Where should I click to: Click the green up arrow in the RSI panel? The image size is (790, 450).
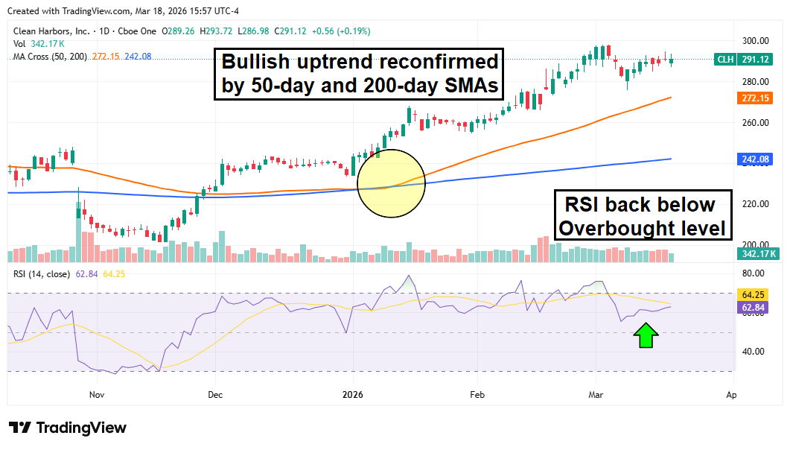(646, 336)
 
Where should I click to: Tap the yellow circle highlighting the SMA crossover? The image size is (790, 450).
(391, 183)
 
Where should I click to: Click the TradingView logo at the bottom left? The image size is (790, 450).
(68, 428)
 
